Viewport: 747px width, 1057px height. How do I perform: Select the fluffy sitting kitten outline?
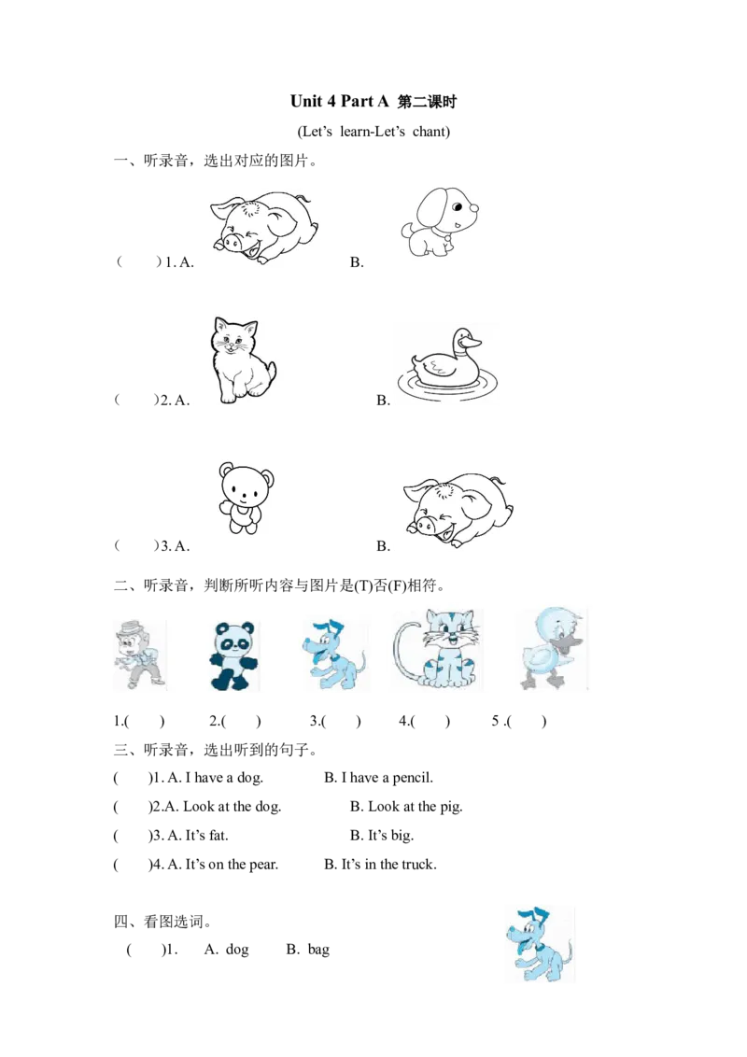coord(241,359)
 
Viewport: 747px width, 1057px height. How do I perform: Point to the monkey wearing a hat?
coord(135,653)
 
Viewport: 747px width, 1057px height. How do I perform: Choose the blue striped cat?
coord(449,648)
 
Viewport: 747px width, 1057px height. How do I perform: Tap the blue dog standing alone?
coord(539,944)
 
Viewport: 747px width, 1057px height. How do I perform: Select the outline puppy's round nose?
coord(474,206)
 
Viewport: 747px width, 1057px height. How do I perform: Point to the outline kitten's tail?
coord(271,372)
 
